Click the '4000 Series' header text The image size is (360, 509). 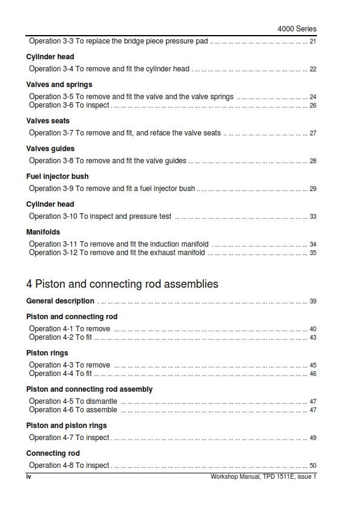tap(296, 28)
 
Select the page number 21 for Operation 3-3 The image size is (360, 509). tap(313, 42)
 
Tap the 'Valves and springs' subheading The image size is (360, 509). tap(59, 85)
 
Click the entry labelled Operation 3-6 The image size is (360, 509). tap(69, 105)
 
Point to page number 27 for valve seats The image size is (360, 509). tap(313, 133)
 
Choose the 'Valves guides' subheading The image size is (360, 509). tap(50, 149)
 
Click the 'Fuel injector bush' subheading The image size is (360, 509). tap(57, 177)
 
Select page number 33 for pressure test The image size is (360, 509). tap(313, 216)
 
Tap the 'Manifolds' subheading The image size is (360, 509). tap(43, 232)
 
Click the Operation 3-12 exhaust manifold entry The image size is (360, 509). tap(117, 253)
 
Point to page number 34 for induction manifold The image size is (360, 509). tap(313, 244)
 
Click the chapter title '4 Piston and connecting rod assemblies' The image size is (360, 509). tap(122, 284)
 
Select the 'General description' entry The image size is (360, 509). tap(61, 301)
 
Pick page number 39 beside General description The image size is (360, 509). tap(313, 301)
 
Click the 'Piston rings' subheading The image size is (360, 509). tap(47, 353)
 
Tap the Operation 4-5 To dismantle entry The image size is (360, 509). tap(73, 401)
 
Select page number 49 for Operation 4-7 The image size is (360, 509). tap(313, 438)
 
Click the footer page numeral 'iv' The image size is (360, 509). tap(28, 476)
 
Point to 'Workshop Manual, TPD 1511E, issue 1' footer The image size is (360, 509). tap(263, 476)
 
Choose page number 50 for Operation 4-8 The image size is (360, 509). tap(313, 465)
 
